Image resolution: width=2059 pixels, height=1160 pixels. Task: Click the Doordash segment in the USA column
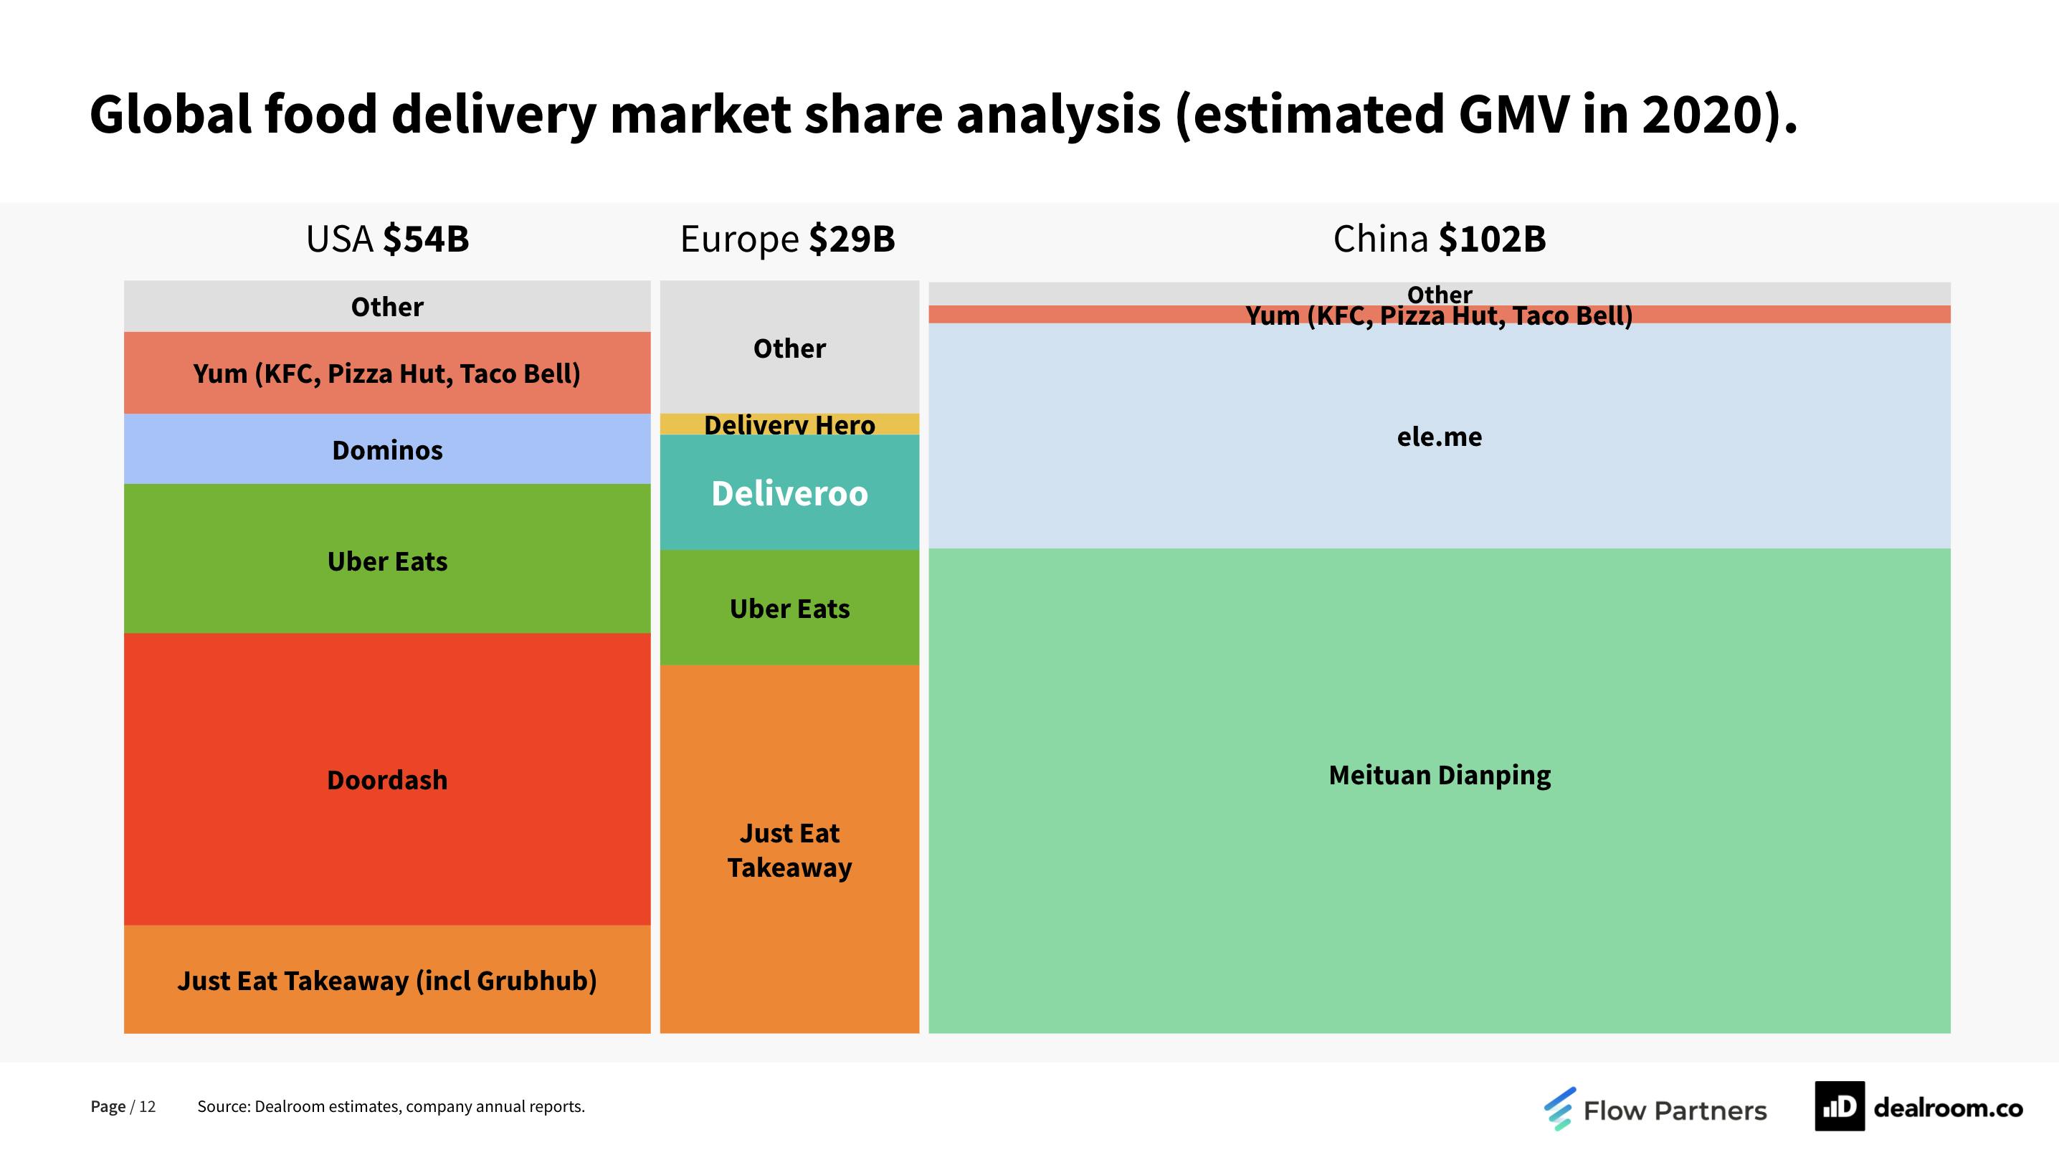(387, 779)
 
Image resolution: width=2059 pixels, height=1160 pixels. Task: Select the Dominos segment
(387, 450)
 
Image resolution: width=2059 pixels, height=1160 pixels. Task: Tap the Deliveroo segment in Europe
(789, 493)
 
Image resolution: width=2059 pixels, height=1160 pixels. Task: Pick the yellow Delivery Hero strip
(789, 424)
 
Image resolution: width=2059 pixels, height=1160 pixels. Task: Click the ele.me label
(1439, 437)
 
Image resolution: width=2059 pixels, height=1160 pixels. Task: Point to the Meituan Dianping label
(1439, 775)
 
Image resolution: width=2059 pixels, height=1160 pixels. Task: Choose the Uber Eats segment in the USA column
(387, 560)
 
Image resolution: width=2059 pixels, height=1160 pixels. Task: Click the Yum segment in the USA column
(387, 373)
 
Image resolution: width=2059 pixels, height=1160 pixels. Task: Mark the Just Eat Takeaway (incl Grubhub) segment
(387, 979)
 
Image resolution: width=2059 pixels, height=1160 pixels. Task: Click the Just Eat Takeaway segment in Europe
(789, 849)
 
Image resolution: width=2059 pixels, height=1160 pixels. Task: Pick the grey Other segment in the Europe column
(789, 348)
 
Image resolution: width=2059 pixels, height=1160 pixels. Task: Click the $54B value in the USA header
(425, 239)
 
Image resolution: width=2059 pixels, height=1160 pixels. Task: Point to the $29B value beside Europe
(851, 239)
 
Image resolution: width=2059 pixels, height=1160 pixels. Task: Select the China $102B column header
(1439, 239)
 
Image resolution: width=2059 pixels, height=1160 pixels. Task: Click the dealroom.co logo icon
(1838, 1106)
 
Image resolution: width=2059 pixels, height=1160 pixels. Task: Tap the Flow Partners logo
(1655, 1109)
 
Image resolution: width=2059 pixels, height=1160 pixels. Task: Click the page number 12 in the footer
(147, 1106)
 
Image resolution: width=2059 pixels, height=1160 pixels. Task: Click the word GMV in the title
(1513, 114)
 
